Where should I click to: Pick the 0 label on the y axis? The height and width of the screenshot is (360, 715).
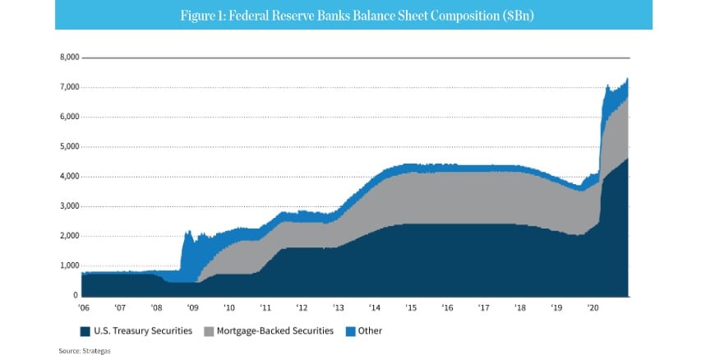(x=76, y=295)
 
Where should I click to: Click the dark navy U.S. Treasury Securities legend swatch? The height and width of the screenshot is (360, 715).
(x=85, y=331)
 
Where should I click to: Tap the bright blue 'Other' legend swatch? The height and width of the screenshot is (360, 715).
(x=350, y=331)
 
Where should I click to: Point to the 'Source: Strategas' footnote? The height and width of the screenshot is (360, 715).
(x=84, y=351)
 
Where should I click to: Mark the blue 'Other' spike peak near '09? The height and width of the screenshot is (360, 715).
(x=189, y=231)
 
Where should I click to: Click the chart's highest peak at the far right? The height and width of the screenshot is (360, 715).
(x=628, y=79)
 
